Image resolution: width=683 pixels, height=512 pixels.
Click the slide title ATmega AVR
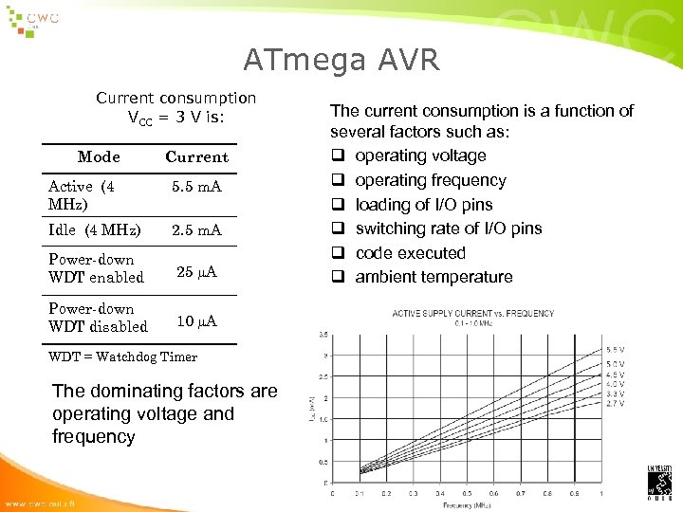341,61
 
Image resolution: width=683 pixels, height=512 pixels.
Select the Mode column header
99,156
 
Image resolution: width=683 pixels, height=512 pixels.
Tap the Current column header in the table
196,156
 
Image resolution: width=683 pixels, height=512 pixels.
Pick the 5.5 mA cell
196,187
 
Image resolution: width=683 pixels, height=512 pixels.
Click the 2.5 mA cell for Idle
196,230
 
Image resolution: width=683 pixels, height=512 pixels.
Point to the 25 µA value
196,272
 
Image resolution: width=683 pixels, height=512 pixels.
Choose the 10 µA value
196,321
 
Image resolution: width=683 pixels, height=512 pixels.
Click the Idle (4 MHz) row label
94,230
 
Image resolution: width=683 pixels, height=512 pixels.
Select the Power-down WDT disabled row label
98,318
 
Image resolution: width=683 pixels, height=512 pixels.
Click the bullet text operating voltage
420,155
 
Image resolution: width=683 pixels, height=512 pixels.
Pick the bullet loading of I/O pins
424,205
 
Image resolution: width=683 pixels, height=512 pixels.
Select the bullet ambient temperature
434,277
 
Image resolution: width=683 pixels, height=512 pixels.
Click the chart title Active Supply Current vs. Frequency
474,314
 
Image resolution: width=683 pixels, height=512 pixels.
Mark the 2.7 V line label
616,403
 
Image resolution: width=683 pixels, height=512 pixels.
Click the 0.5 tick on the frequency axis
467,494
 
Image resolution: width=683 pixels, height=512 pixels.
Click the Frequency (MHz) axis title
467,505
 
